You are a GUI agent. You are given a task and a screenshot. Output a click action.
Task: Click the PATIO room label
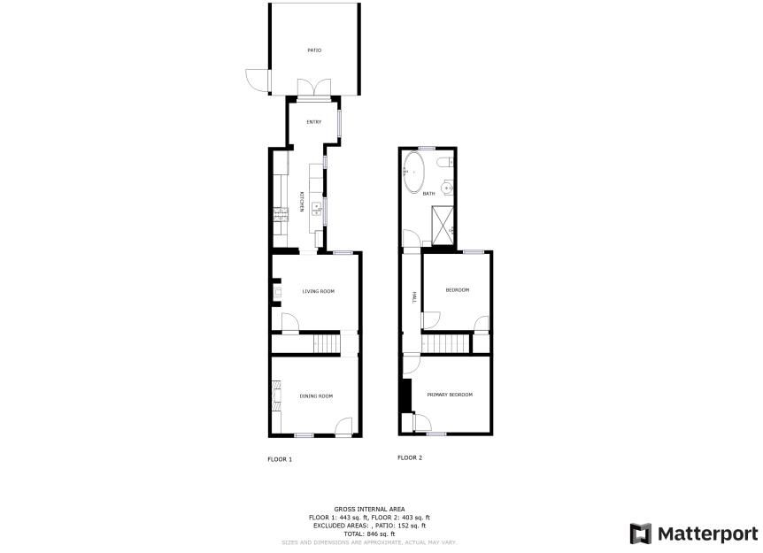pyautogui.click(x=314, y=50)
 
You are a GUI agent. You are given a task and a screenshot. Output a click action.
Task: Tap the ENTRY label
pyautogui.click(x=313, y=122)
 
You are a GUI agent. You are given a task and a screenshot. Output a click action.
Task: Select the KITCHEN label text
pyautogui.click(x=302, y=203)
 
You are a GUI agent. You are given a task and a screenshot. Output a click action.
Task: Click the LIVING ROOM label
pyautogui.click(x=318, y=291)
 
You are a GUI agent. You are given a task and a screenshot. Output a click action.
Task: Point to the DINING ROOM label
pyautogui.click(x=317, y=396)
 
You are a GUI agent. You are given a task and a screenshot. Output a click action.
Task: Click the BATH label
pyautogui.click(x=428, y=194)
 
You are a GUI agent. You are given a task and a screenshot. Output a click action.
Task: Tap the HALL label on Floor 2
pyautogui.click(x=413, y=298)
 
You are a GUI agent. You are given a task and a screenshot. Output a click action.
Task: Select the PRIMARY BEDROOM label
pyautogui.click(x=449, y=395)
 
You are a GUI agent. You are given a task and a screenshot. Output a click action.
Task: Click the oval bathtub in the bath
pyautogui.click(x=414, y=173)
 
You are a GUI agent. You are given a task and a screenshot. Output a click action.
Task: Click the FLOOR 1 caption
pyautogui.click(x=280, y=459)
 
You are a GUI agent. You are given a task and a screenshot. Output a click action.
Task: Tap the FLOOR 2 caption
pyautogui.click(x=410, y=457)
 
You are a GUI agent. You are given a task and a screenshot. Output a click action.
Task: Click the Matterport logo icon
pyautogui.click(x=640, y=534)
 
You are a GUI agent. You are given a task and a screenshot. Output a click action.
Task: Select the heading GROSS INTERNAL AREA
pyautogui.click(x=369, y=509)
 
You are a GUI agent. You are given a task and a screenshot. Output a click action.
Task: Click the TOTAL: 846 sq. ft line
pyautogui.click(x=369, y=534)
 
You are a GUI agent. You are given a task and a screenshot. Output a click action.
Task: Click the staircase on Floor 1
pyautogui.click(x=328, y=342)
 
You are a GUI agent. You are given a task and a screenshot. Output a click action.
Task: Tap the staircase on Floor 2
pyautogui.click(x=447, y=343)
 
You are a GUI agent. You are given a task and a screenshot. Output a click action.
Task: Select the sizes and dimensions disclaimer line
pyautogui.click(x=369, y=541)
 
